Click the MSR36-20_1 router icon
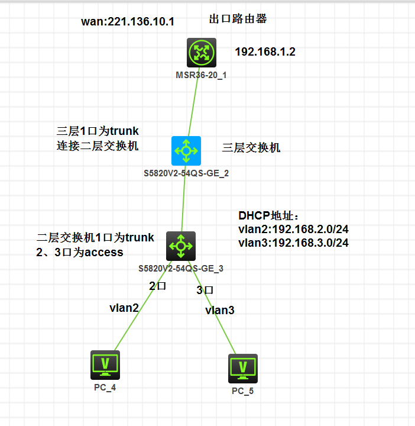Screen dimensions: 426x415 (202, 53)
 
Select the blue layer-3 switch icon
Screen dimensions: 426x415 (186, 151)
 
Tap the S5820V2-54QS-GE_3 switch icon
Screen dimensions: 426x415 (180, 246)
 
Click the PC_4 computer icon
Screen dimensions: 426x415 (105, 364)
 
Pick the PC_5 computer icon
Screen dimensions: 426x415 (242, 369)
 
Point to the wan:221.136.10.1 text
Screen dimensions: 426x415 (128, 22)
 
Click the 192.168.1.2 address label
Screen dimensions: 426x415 (265, 52)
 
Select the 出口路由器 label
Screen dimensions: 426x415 (238, 19)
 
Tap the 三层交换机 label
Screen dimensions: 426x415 (251, 147)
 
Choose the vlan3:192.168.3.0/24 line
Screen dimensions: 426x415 (293, 243)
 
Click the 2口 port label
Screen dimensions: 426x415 (157, 286)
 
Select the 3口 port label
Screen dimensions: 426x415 (205, 290)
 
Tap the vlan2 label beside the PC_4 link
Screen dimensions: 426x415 (124, 308)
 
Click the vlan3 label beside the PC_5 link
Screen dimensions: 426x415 (220, 310)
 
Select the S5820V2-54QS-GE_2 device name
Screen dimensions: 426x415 (186, 174)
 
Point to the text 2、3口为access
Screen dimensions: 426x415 (79, 253)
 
